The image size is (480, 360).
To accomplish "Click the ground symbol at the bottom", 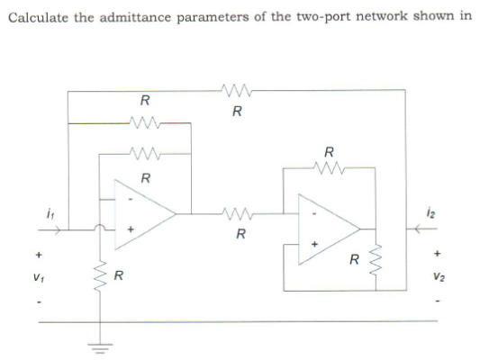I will coord(96,346).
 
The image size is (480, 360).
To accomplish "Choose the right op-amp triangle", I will coord(331,228).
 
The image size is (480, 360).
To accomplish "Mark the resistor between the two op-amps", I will coord(236,213).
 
